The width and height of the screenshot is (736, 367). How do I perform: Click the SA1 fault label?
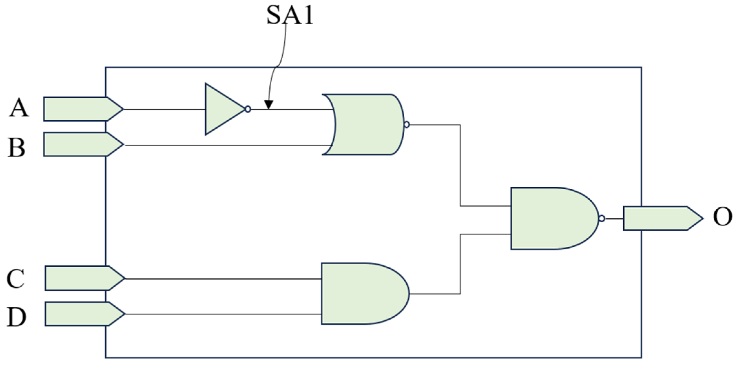(x=290, y=15)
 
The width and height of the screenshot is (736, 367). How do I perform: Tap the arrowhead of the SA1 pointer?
(x=269, y=105)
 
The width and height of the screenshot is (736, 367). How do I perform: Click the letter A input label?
(x=19, y=108)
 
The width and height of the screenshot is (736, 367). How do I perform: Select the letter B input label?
(x=16, y=148)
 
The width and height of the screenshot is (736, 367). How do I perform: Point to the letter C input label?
(x=16, y=279)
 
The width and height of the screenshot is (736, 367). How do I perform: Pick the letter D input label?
(x=16, y=317)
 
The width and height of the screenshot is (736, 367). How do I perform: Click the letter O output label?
(x=722, y=217)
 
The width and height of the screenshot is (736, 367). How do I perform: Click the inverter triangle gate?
(x=221, y=109)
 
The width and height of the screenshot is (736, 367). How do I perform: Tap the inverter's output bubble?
(x=248, y=109)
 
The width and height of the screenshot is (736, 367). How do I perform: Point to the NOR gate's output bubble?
(x=407, y=124)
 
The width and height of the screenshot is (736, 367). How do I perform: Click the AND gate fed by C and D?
(x=362, y=293)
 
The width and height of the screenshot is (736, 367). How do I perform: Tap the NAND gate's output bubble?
(x=601, y=219)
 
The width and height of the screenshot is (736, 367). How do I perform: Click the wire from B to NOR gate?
(x=226, y=145)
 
